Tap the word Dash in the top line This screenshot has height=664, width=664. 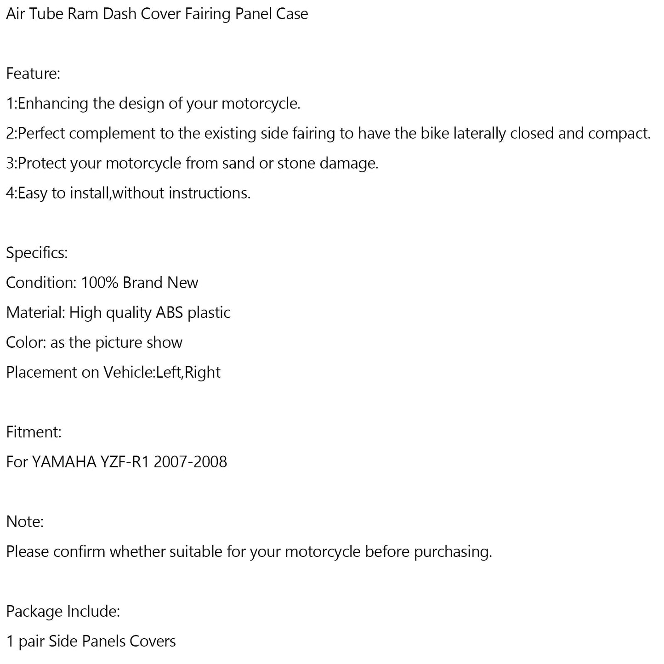(119, 14)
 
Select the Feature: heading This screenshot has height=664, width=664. (33, 74)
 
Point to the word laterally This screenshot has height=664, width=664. (479, 133)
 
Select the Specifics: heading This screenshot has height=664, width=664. (37, 253)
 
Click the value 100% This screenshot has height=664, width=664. (100, 283)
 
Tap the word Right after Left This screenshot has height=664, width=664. (203, 372)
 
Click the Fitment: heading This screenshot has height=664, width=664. (34, 432)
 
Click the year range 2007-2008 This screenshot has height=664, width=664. (190, 462)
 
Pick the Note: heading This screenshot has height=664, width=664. (25, 522)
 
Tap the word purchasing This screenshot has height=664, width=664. (453, 551)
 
